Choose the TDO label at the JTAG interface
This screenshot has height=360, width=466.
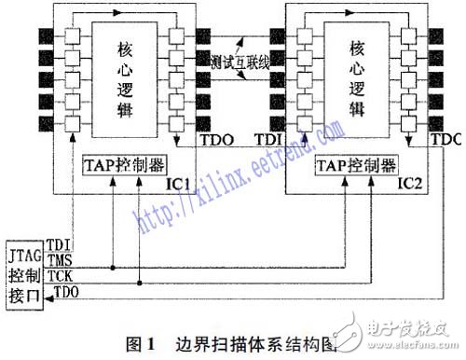[x=68, y=293]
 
